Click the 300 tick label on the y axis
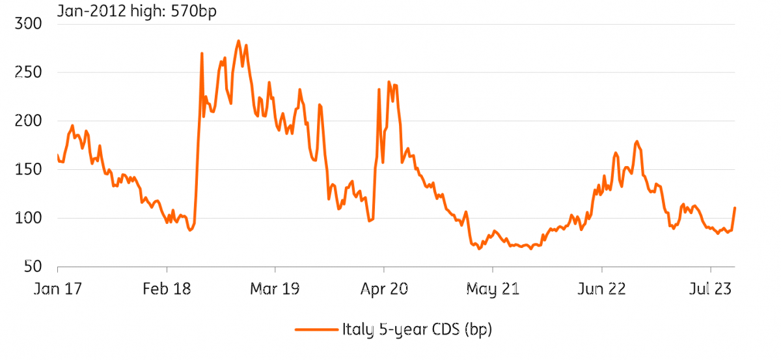[x=28, y=23]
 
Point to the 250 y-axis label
[x=28, y=72]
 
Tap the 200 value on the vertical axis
[x=28, y=121]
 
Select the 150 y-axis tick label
[x=28, y=169]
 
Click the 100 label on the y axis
[x=28, y=218]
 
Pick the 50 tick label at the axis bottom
[x=33, y=266]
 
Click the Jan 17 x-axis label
[x=58, y=289]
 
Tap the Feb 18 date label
[x=167, y=289]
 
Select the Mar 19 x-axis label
[x=275, y=289]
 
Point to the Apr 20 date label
[x=384, y=289]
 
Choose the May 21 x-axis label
[x=493, y=290]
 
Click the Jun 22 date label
[x=602, y=289]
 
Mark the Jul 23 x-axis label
[x=710, y=289]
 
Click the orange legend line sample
[x=316, y=329]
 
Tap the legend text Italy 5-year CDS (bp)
[x=417, y=329]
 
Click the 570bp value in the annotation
[x=193, y=11]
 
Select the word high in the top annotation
[x=148, y=11]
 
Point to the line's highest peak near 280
[x=238, y=41]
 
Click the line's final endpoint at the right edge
[x=735, y=208]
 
